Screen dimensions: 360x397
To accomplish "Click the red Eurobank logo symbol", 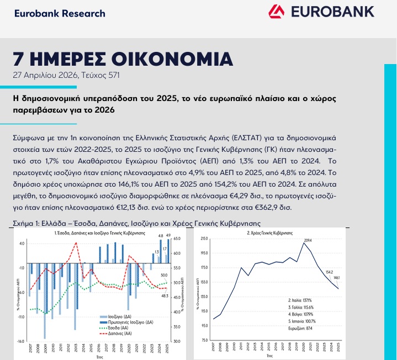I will point(276,11).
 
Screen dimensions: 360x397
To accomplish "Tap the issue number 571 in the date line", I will point(112,75).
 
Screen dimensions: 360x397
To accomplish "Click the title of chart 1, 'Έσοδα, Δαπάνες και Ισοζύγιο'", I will point(99,233).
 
